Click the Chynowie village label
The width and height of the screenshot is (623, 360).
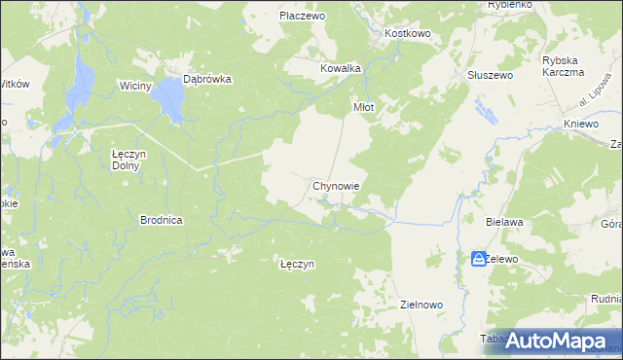click(x=338, y=185)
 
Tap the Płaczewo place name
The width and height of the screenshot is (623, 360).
click(x=301, y=16)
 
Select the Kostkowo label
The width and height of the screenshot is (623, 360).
click(x=408, y=33)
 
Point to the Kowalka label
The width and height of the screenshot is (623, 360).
click(x=341, y=68)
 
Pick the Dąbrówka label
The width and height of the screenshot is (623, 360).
click(x=207, y=81)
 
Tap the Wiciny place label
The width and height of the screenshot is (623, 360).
click(x=135, y=86)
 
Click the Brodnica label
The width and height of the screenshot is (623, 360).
click(x=162, y=220)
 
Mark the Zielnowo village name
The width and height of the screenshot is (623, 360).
click(x=421, y=305)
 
